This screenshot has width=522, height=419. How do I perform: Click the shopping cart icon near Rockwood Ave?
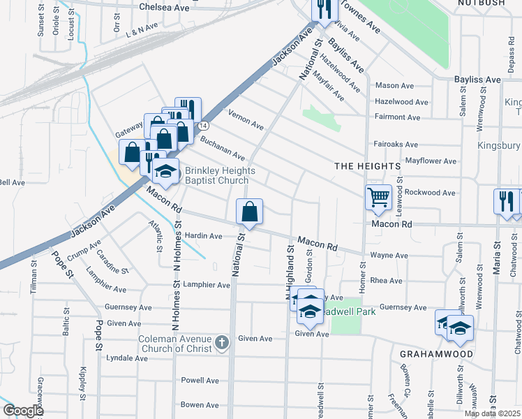pos(378,197)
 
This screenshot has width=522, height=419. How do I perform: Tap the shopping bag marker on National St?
pos(249,212)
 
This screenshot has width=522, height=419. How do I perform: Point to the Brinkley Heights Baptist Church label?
pos(220,176)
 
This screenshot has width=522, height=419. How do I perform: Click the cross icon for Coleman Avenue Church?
pos(221,342)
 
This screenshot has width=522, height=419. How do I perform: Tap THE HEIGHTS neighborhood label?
pos(367,166)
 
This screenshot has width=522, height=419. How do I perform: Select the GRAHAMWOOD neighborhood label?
pos(436,354)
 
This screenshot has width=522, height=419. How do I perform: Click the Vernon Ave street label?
pos(246,119)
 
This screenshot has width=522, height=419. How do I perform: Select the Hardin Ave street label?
pos(202,236)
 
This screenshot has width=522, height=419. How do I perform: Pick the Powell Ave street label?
pos(200,381)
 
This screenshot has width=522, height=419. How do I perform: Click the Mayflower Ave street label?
pos(431,161)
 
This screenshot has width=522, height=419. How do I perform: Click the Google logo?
pos(22,411)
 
